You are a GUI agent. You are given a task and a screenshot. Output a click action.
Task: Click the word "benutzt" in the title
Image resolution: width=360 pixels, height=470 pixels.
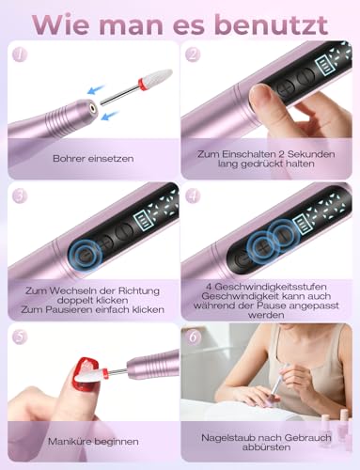pos(272,25)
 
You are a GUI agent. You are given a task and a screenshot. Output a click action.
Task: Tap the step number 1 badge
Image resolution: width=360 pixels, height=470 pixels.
pos(20,55)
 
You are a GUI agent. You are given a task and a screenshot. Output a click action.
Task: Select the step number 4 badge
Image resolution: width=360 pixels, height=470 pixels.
pos(193,196)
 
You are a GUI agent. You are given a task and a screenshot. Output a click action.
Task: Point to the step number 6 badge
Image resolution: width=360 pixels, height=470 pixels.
pos(193,337)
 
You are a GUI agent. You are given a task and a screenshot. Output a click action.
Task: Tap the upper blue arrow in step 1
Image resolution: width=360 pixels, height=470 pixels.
pos(96,89)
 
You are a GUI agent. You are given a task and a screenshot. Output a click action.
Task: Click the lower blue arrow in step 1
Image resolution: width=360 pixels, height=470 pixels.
pos(111,116)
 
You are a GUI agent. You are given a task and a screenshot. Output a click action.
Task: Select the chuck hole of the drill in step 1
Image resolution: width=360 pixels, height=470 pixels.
pos(93,107)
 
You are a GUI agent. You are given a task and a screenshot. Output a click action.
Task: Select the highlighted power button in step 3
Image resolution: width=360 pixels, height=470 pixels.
pos(86,255)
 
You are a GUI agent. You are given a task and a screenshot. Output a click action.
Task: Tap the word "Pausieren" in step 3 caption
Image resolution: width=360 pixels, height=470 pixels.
pos(70,310)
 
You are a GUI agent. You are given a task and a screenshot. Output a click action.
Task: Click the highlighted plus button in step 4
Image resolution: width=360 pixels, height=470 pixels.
pos(262,249)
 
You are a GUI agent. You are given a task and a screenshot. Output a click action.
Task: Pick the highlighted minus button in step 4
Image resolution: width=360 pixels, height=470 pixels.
pos(285,236)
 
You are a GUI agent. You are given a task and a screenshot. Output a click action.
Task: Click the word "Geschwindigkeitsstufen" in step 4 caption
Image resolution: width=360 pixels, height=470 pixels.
pos(266,287)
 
